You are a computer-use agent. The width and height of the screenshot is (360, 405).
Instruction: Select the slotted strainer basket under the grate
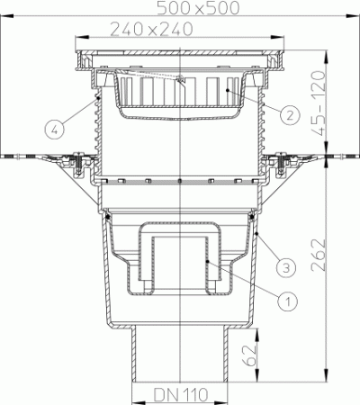point(180,97)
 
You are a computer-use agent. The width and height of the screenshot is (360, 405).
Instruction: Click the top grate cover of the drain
point(180,60)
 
